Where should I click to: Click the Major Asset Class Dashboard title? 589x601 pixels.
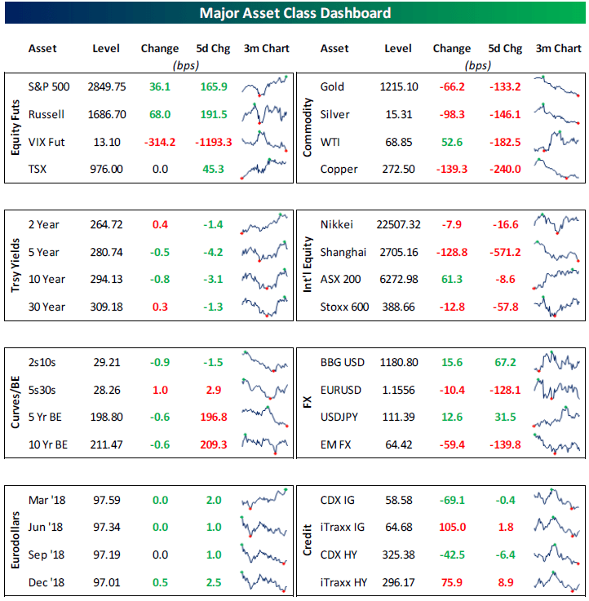click(294, 13)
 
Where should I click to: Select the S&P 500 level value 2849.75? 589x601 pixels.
click(108, 86)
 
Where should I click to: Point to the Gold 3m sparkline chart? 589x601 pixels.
click(558, 86)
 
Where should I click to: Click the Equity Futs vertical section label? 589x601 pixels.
click(15, 126)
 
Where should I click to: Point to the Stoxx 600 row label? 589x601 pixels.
click(344, 307)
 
